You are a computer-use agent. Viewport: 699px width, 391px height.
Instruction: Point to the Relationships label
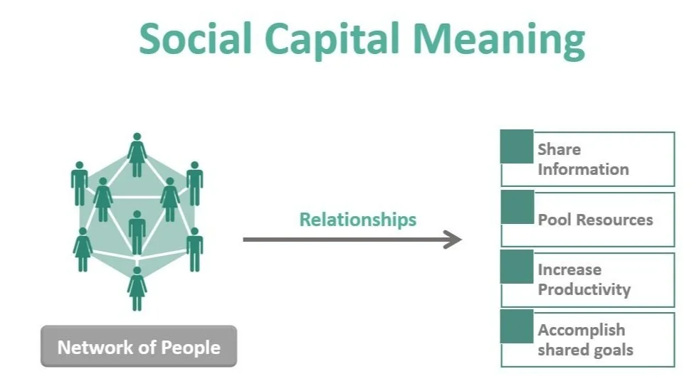pos(357,219)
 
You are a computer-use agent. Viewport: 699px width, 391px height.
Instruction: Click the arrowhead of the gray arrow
pos(453,240)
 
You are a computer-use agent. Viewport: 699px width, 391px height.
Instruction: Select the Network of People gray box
pos(139,348)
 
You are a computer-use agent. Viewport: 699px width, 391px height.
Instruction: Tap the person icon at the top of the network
pos(137,154)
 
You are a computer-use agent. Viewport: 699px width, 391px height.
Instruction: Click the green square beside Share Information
pos(517,147)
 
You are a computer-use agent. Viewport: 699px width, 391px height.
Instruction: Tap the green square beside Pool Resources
pos(517,207)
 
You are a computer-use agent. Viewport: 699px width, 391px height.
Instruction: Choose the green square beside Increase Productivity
pos(517,267)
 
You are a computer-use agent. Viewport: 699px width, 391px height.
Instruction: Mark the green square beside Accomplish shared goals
pos(517,326)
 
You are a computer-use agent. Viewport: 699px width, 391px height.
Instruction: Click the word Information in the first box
pos(583,169)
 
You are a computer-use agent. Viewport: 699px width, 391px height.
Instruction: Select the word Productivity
pos(584,289)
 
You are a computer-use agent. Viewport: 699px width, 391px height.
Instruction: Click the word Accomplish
pos(581,330)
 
